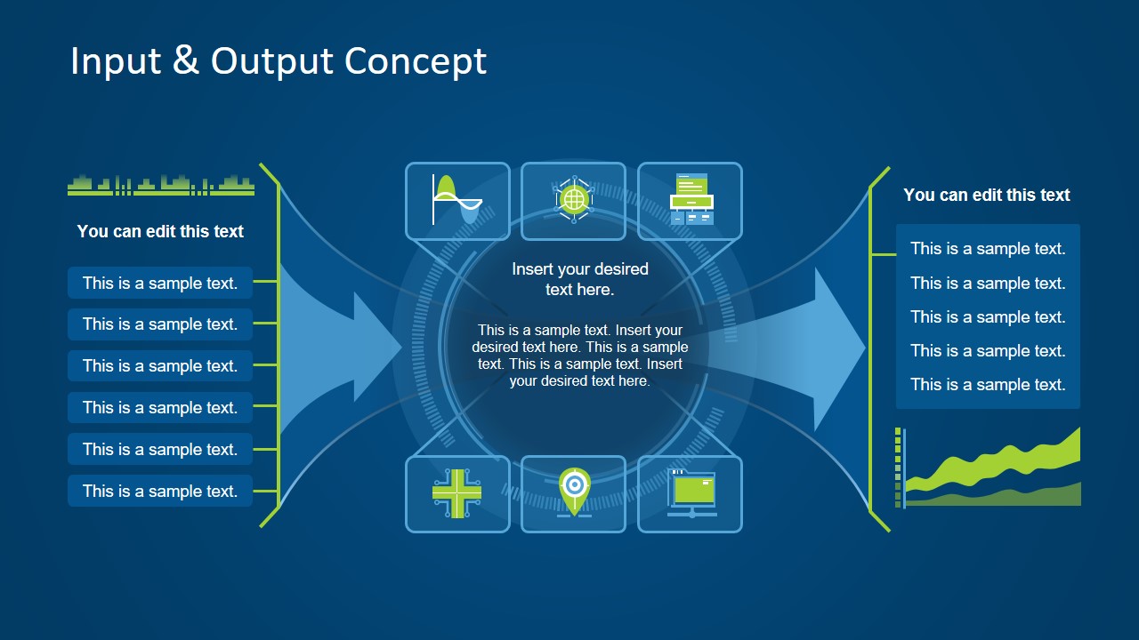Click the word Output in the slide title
coord(272,60)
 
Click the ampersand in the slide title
coord(186,60)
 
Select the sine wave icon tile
coord(457,201)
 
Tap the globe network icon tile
coord(574,201)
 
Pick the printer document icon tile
coord(691,201)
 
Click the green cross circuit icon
coord(457,493)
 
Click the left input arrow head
coord(378,347)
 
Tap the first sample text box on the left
coord(160,284)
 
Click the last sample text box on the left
coord(160,491)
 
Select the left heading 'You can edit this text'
coord(160,231)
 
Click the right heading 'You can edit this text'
coord(987,195)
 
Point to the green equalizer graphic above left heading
coord(161,185)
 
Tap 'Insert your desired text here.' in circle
coord(580,279)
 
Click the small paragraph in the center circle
coord(580,356)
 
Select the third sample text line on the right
coord(988,317)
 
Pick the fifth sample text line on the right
coord(988,385)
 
